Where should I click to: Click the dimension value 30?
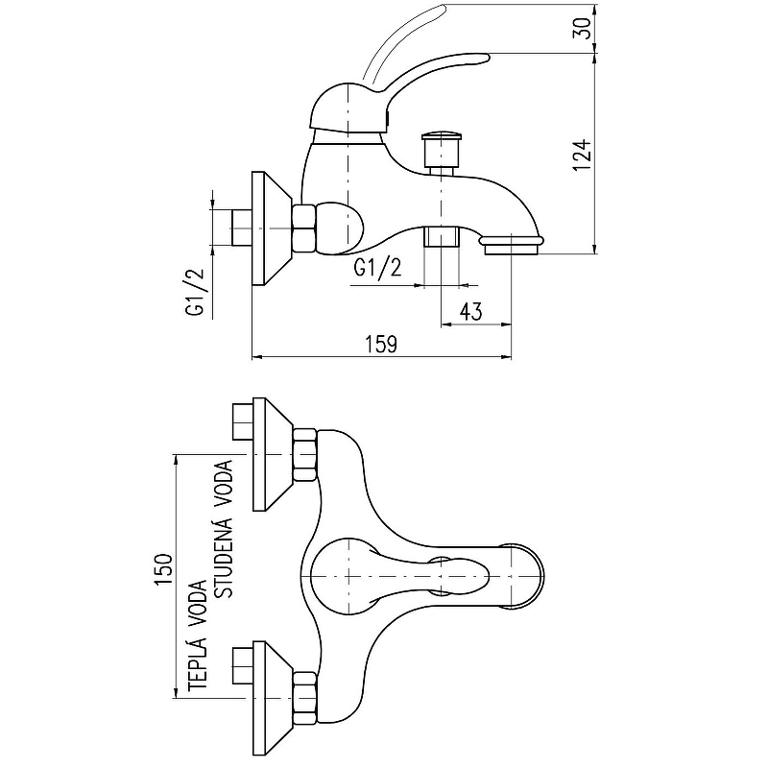tap(583, 29)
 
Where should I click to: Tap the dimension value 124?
tap(583, 156)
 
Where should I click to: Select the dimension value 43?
tap(471, 311)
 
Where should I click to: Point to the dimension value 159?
tap(381, 344)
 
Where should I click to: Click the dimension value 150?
tap(163, 569)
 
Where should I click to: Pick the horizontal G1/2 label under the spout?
tap(377, 268)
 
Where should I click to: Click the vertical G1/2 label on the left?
tap(195, 293)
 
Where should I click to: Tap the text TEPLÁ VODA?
tap(198, 636)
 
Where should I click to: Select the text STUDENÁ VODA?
tap(225, 529)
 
